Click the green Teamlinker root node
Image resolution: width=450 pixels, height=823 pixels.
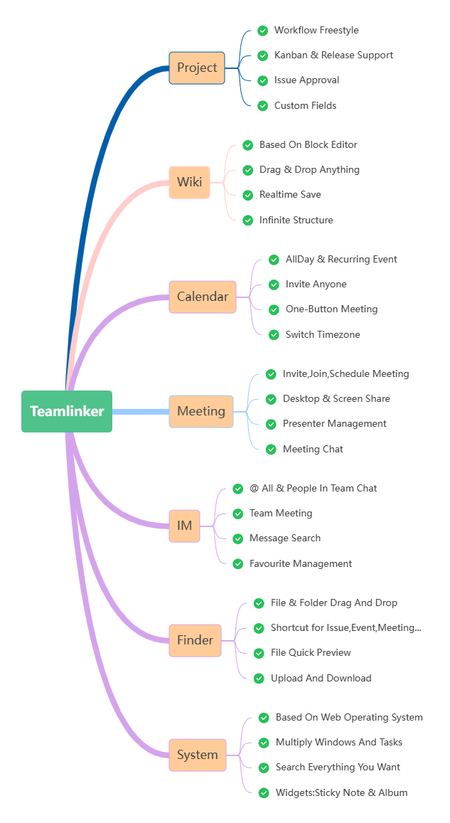click(67, 411)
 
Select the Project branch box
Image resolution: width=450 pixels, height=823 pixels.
click(197, 68)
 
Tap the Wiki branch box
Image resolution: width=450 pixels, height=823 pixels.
click(189, 183)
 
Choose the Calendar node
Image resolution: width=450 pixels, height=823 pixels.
click(203, 297)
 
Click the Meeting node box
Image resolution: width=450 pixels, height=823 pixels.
click(201, 411)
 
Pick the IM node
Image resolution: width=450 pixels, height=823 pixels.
click(184, 526)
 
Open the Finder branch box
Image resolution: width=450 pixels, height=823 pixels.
click(195, 640)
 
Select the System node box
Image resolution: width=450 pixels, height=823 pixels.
click(198, 755)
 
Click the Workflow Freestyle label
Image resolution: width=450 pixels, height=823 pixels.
click(316, 31)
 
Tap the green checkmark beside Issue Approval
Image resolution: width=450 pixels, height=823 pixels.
click(263, 80)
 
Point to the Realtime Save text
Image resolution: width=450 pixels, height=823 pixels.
click(290, 195)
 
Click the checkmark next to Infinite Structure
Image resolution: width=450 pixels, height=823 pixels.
click(248, 221)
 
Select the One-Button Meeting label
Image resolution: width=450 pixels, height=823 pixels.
click(331, 309)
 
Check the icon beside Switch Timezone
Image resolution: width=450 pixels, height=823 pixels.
click(274, 335)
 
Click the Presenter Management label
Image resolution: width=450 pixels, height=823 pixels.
click(335, 424)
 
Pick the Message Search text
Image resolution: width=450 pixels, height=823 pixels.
click(285, 538)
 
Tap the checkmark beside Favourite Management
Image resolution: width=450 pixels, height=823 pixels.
click(238, 564)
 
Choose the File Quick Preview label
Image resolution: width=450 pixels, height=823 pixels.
click(311, 653)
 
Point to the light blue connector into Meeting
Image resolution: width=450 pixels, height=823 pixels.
click(140, 411)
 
